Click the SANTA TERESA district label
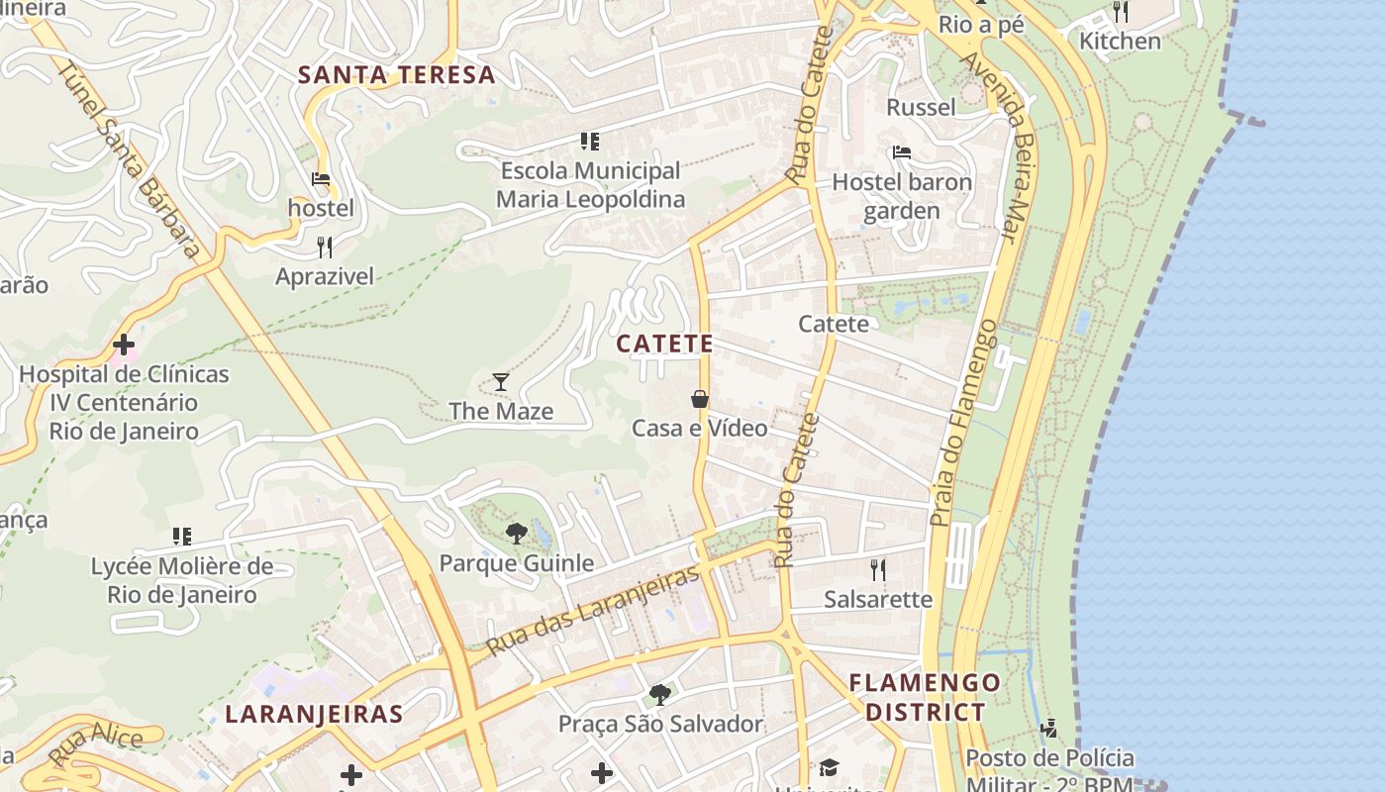click(x=396, y=75)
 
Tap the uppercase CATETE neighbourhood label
click(x=664, y=344)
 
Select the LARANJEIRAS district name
click(x=314, y=714)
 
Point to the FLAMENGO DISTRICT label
click(x=925, y=697)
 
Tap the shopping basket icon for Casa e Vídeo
click(x=700, y=399)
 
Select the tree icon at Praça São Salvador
click(x=660, y=695)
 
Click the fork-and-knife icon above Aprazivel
click(x=325, y=247)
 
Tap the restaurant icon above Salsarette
click(x=877, y=569)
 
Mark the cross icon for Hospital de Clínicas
click(x=124, y=345)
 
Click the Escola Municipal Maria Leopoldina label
click(x=590, y=185)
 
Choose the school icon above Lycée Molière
click(x=182, y=537)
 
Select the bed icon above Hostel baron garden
click(x=902, y=152)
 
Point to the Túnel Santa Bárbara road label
click(x=129, y=158)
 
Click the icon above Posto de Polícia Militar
click(x=1049, y=730)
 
